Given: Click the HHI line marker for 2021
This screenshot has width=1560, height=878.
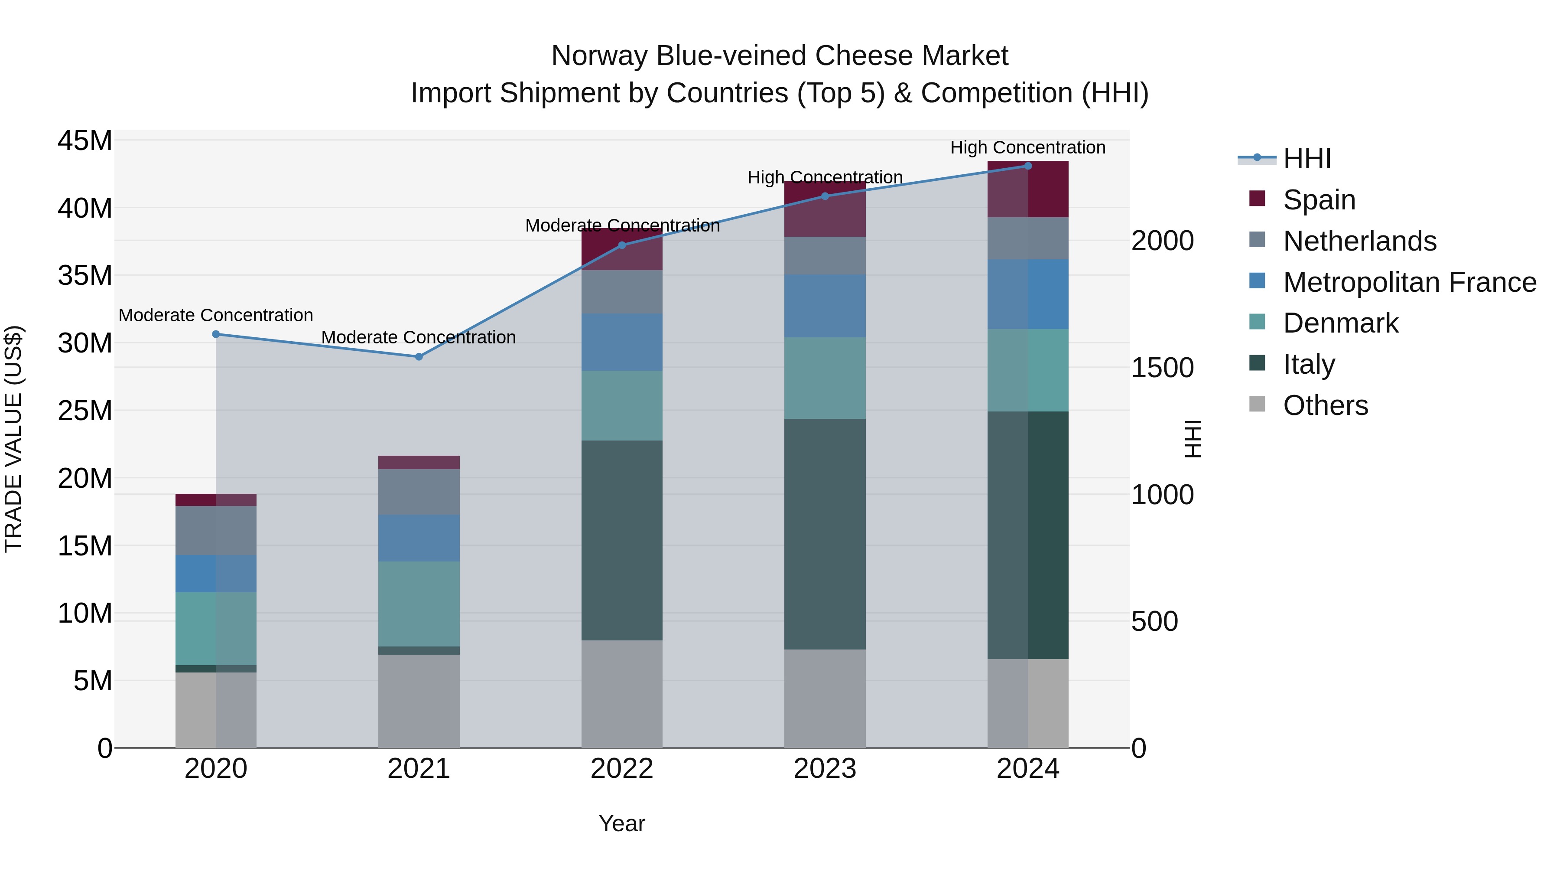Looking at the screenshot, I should (x=419, y=356).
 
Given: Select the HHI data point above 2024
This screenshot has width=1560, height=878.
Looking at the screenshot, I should (x=1028, y=166).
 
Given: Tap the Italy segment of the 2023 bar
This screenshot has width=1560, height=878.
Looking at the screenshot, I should (x=825, y=533).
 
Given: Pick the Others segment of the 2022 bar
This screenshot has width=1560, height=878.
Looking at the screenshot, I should (x=622, y=694).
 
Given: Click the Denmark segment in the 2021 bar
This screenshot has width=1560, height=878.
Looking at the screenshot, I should (x=419, y=604).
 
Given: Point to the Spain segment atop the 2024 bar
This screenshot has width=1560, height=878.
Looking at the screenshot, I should (x=1028, y=189).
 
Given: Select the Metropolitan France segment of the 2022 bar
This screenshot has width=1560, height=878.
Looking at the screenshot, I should (x=622, y=342).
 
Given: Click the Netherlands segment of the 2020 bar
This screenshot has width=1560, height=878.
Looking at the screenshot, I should (x=216, y=530).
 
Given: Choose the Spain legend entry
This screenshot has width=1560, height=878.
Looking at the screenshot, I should (x=1319, y=199).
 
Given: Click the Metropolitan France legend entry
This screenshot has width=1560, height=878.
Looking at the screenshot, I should (x=1409, y=282).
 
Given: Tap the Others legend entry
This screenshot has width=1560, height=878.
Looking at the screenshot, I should (x=1325, y=405).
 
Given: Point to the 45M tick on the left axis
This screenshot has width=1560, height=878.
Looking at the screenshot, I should (x=85, y=140).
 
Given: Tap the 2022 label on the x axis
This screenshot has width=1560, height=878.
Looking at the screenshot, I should (x=622, y=769).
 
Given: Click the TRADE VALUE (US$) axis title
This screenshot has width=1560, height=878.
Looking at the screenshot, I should (x=13, y=439).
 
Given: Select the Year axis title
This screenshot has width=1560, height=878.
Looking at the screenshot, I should (x=622, y=823).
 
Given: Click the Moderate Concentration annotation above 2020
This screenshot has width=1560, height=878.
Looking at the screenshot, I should (x=216, y=315).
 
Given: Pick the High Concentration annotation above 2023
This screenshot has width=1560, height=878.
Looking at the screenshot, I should (x=825, y=177).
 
